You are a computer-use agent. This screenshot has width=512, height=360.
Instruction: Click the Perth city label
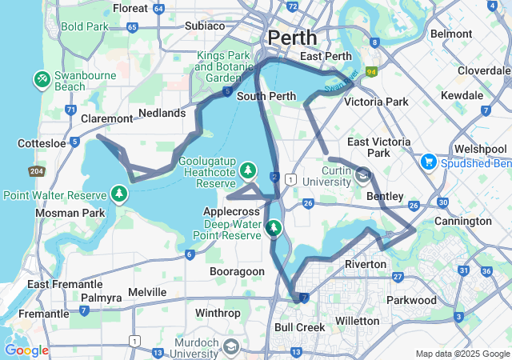[292, 38]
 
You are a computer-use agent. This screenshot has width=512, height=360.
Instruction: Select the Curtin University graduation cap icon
[363, 175]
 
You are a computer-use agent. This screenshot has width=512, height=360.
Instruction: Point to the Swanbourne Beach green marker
[42, 79]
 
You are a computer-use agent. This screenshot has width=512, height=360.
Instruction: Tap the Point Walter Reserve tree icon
[119, 194]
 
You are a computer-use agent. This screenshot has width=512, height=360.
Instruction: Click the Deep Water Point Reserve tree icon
[274, 228]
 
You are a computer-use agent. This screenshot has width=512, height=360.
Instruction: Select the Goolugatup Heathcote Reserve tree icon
[249, 170]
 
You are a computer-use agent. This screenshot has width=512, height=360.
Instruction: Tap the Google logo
[26, 350]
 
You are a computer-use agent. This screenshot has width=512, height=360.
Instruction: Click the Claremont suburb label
[107, 118]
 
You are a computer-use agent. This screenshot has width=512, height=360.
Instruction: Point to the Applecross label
[234, 210]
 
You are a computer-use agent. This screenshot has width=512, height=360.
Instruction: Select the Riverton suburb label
[366, 264]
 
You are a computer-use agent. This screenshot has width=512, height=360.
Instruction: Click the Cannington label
[463, 221]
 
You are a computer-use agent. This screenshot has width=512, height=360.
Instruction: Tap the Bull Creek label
[299, 327]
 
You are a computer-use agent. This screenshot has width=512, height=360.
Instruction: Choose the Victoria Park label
[376, 102]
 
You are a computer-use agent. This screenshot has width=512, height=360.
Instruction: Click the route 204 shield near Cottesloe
[37, 170]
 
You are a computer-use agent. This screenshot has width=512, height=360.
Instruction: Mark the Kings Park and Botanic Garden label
[217, 67]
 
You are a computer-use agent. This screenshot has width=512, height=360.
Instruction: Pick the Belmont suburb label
[451, 34]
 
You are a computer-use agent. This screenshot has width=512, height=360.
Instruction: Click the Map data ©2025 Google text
[462, 354]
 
